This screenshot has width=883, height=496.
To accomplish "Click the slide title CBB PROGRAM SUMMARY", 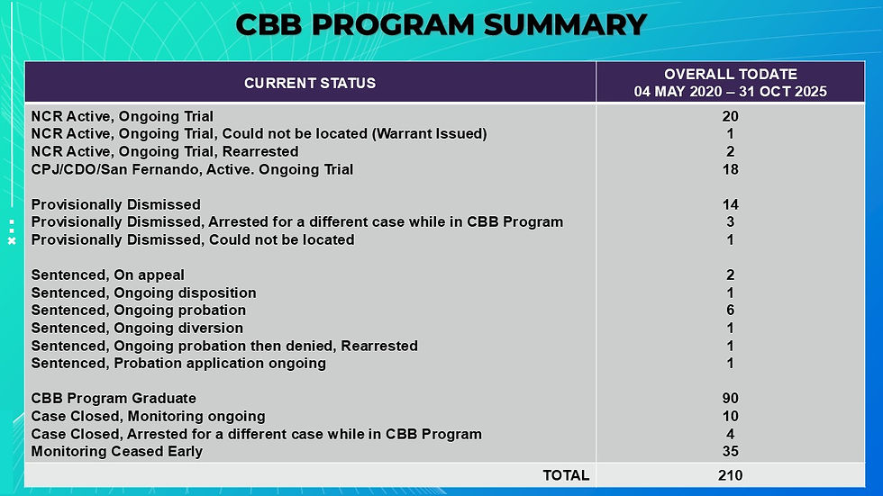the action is click(x=441, y=24).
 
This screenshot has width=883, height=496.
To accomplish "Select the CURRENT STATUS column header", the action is click(x=310, y=83).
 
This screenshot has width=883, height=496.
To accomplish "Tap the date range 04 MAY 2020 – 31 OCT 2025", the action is click(x=731, y=92).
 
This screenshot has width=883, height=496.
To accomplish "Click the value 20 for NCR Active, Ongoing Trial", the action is click(x=731, y=116).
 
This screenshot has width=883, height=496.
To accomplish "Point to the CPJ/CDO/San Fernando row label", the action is click(x=192, y=169).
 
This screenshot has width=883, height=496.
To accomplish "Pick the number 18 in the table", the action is click(x=731, y=169).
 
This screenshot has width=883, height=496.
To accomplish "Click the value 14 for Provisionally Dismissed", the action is click(x=731, y=204).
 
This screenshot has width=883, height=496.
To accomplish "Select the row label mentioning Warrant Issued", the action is click(x=259, y=134).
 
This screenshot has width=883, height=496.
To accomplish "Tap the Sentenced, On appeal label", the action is click(x=107, y=275).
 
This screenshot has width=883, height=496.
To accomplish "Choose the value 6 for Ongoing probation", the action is click(x=731, y=311).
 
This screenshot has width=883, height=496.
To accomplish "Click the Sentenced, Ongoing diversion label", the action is click(x=137, y=328).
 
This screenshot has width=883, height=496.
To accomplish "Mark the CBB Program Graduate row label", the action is click(x=114, y=398).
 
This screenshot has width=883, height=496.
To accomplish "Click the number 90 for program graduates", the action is click(x=731, y=398).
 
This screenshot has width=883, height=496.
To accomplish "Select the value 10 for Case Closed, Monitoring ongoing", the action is click(x=731, y=416).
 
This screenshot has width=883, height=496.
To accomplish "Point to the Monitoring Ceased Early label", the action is click(x=116, y=452).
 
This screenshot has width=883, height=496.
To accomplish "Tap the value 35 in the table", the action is click(x=731, y=452).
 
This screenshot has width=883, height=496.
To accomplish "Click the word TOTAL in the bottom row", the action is click(x=566, y=476).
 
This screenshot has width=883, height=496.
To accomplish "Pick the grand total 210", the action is click(x=731, y=476).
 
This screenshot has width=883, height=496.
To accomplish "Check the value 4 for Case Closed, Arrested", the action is click(x=731, y=434).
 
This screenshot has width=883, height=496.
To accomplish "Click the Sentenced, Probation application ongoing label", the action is click(x=178, y=364).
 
